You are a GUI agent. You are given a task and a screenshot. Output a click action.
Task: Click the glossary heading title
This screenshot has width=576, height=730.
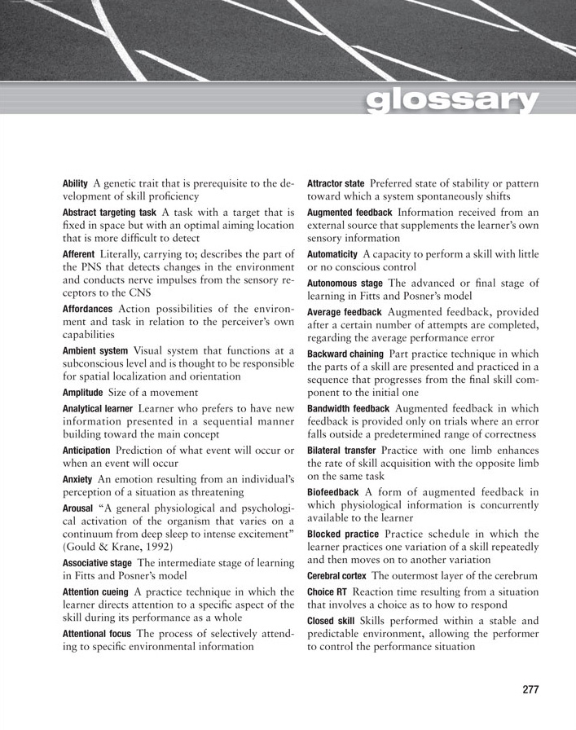tap(452, 101)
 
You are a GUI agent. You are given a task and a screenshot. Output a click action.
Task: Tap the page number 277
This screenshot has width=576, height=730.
tap(530, 689)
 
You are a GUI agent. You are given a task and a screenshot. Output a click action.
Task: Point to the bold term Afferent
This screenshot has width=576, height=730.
tap(78, 255)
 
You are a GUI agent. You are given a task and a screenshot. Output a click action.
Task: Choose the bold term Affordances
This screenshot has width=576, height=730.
tap(88, 309)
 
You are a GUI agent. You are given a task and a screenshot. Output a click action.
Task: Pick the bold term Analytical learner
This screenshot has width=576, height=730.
tap(99, 407)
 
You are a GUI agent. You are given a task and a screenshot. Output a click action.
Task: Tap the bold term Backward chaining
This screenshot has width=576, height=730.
tap(345, 354)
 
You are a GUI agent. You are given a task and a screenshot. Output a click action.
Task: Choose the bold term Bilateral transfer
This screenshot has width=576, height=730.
tap(341, 451)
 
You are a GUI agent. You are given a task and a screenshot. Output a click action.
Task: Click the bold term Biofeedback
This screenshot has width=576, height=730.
tap(333, 492)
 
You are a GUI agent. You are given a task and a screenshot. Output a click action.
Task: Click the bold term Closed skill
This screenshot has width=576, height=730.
tap(330, 620)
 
